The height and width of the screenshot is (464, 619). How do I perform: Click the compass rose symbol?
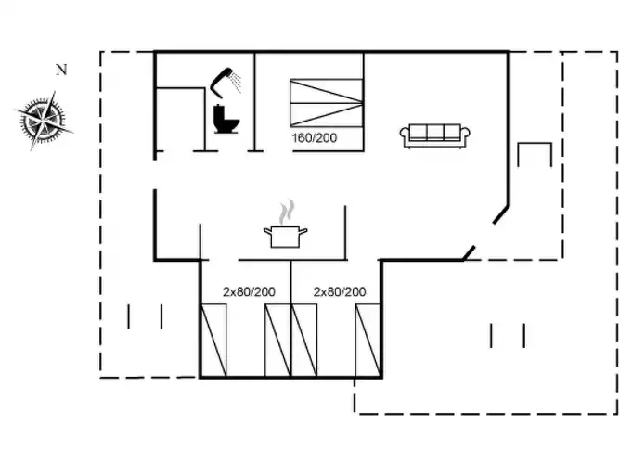pos(44,120)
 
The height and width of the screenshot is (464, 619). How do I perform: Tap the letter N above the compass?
pos(61,70)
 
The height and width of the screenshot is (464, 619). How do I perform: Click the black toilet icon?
pos(226,119)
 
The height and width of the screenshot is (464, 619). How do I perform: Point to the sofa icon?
pos(435,135)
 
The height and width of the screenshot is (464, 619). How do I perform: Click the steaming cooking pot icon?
pos(286,237)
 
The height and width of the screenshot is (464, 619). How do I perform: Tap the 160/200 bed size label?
pos(315,138)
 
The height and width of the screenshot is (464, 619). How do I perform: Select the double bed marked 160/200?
pos(327,103)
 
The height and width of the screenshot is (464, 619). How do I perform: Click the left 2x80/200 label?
pos(249,291)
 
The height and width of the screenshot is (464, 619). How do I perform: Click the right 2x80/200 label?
pos(340,291)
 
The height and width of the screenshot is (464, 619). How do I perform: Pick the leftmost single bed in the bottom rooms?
pos(213,341)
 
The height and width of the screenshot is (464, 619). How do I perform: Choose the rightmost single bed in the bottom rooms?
pos(368,341)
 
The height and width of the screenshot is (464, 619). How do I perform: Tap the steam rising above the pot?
pos(287,213)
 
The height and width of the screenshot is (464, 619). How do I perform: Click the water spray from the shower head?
pos(236,83)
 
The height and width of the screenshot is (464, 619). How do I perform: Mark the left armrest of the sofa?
pos(405,135)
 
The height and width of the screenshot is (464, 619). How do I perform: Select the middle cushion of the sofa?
pos(435,133)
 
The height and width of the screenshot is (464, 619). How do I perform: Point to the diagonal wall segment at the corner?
pos(501,214)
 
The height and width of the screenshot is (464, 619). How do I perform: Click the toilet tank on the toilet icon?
pos(220,111)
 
